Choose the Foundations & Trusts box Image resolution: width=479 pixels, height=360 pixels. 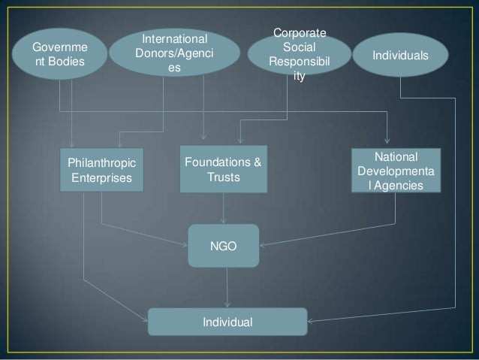coord(223,168)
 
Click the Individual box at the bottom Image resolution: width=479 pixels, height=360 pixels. coord(227,322)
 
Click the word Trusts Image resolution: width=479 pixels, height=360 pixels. coord(223,177)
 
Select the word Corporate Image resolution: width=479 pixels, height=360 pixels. coord(299,34)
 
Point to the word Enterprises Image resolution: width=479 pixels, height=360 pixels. coord(101,178)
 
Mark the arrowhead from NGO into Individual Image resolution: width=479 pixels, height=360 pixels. coord(227,304)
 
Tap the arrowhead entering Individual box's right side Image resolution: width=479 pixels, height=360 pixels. coord(310,321)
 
